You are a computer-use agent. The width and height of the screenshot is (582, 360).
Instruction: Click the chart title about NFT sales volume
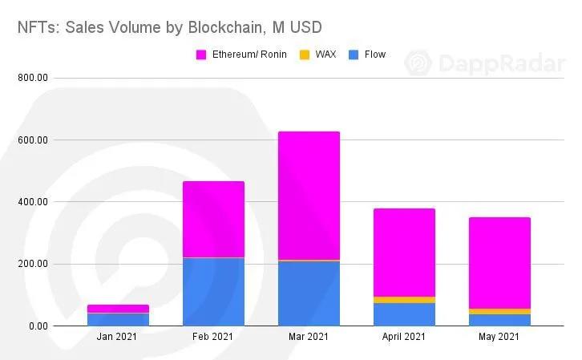click(x=169, y=26)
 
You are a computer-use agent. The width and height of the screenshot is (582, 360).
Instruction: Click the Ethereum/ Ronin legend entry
click(x=245, y=55)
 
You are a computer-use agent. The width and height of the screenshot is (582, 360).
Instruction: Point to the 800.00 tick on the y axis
click(x=33, y=78)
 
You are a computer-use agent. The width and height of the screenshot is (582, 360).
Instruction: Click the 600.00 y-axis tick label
click(x=33, y=140)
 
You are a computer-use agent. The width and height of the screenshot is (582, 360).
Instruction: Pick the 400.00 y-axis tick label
click(x=33, y=202)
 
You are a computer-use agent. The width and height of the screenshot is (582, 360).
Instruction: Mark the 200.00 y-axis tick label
click(x=33, y=264)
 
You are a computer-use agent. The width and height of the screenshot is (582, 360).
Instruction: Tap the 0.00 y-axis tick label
click(x=38, y=326)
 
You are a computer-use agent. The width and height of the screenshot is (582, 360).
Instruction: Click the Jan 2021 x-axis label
click(x=118, y=338)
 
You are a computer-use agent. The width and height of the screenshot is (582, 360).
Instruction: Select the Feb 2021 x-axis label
click(x=213, y=338)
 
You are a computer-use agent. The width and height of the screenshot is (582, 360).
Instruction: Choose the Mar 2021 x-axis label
click(x=309, y=338)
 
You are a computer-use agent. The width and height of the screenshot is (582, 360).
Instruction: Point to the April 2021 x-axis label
click(x=404, y=338)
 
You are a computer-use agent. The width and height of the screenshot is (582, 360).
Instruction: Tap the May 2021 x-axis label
click(x=499, y=338)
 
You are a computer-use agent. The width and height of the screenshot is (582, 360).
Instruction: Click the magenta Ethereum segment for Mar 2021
click(x=309, y=196)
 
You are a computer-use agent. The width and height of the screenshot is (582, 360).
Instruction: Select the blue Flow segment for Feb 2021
click(x=213, y=292)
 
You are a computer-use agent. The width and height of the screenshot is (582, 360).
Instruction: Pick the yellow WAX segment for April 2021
click(x=404, y=300)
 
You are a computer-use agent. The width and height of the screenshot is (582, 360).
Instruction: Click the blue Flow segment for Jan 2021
click(x=118, y=319)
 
